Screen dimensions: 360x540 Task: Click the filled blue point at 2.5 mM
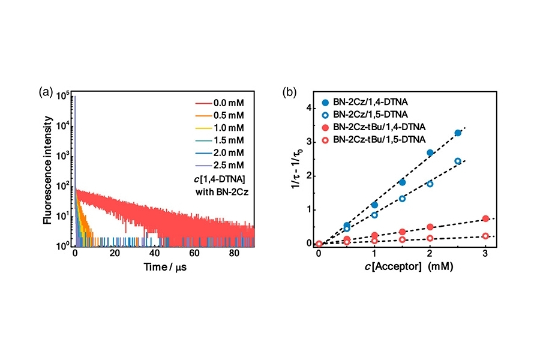pos(458,133)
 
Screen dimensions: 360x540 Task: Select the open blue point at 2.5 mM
pos(458,161)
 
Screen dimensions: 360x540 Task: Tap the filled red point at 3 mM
pos(485,218)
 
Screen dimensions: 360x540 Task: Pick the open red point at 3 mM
pos(485,236)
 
